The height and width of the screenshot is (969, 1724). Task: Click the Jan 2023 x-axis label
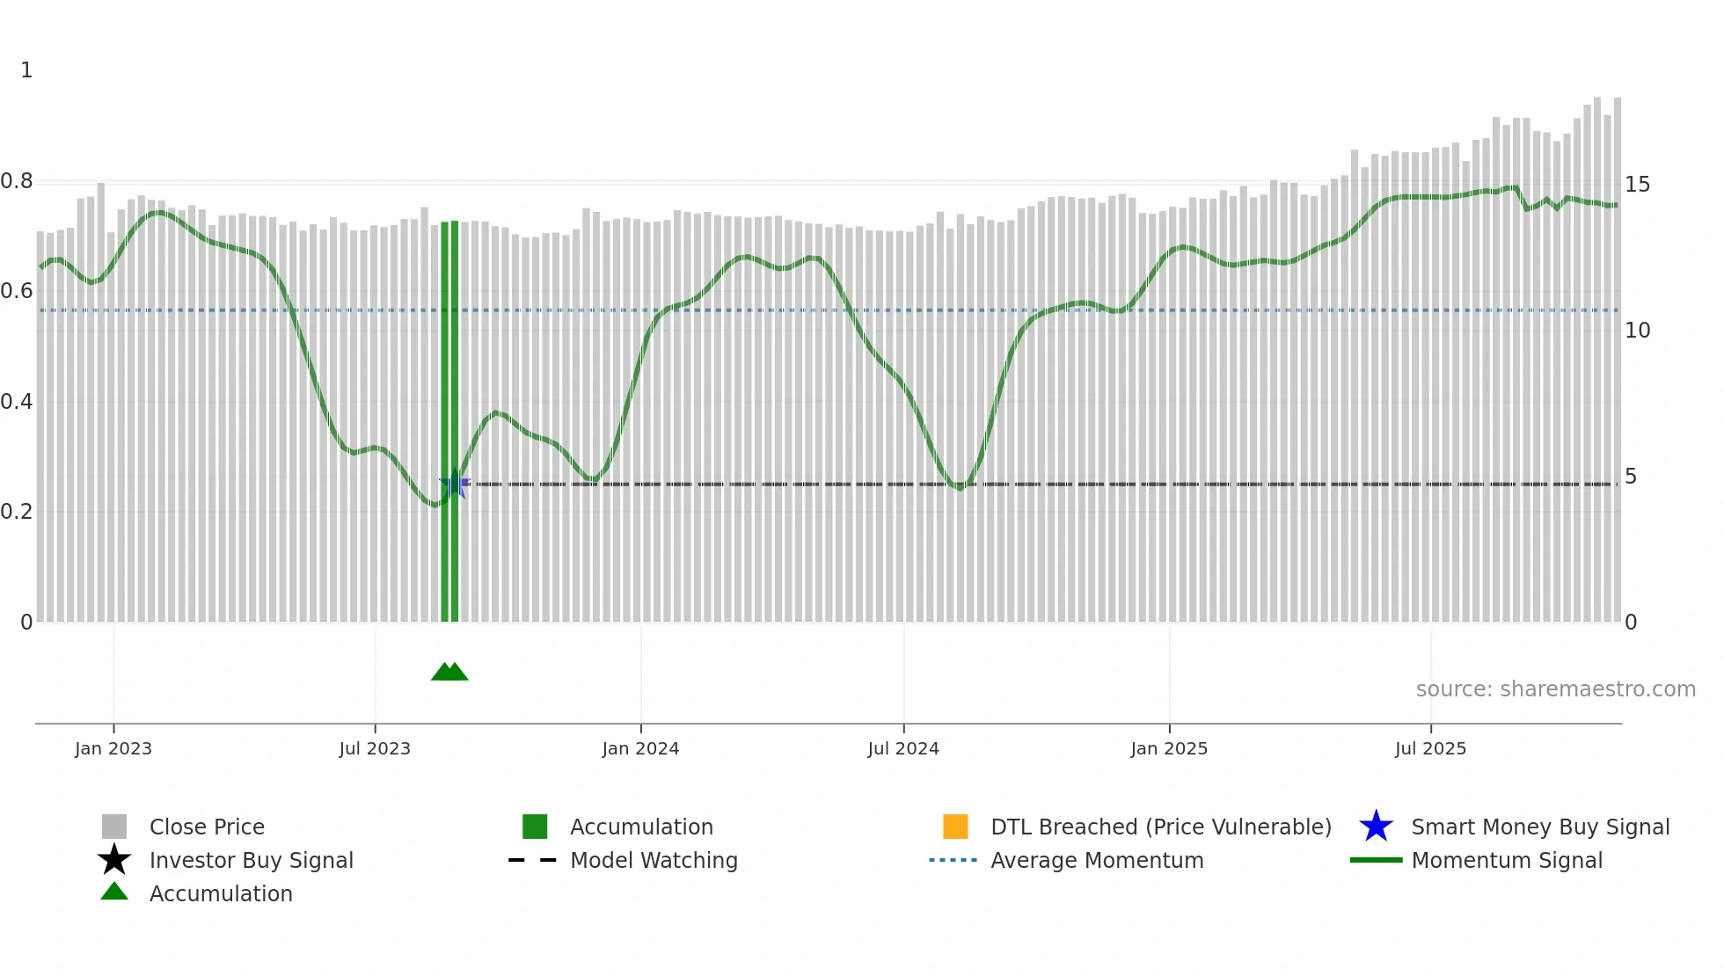[113, 748]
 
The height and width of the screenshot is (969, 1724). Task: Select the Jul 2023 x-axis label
[375, 748]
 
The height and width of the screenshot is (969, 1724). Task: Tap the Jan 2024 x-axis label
[640, 748]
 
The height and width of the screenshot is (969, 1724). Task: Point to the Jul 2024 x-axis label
[903, 748]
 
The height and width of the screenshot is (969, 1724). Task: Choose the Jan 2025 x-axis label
[1169, 748]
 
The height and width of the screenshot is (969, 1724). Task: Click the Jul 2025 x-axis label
[1430, 748]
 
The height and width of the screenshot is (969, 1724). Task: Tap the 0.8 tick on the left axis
[17, 181]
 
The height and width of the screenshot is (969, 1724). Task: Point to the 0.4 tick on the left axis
[17, 402]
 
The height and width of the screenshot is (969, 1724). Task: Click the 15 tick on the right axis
[1637, 185]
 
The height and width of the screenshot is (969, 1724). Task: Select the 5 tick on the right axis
[1631, 477]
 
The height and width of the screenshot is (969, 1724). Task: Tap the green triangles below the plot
[449, 672]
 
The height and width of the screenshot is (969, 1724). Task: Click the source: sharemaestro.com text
[1555, 689]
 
